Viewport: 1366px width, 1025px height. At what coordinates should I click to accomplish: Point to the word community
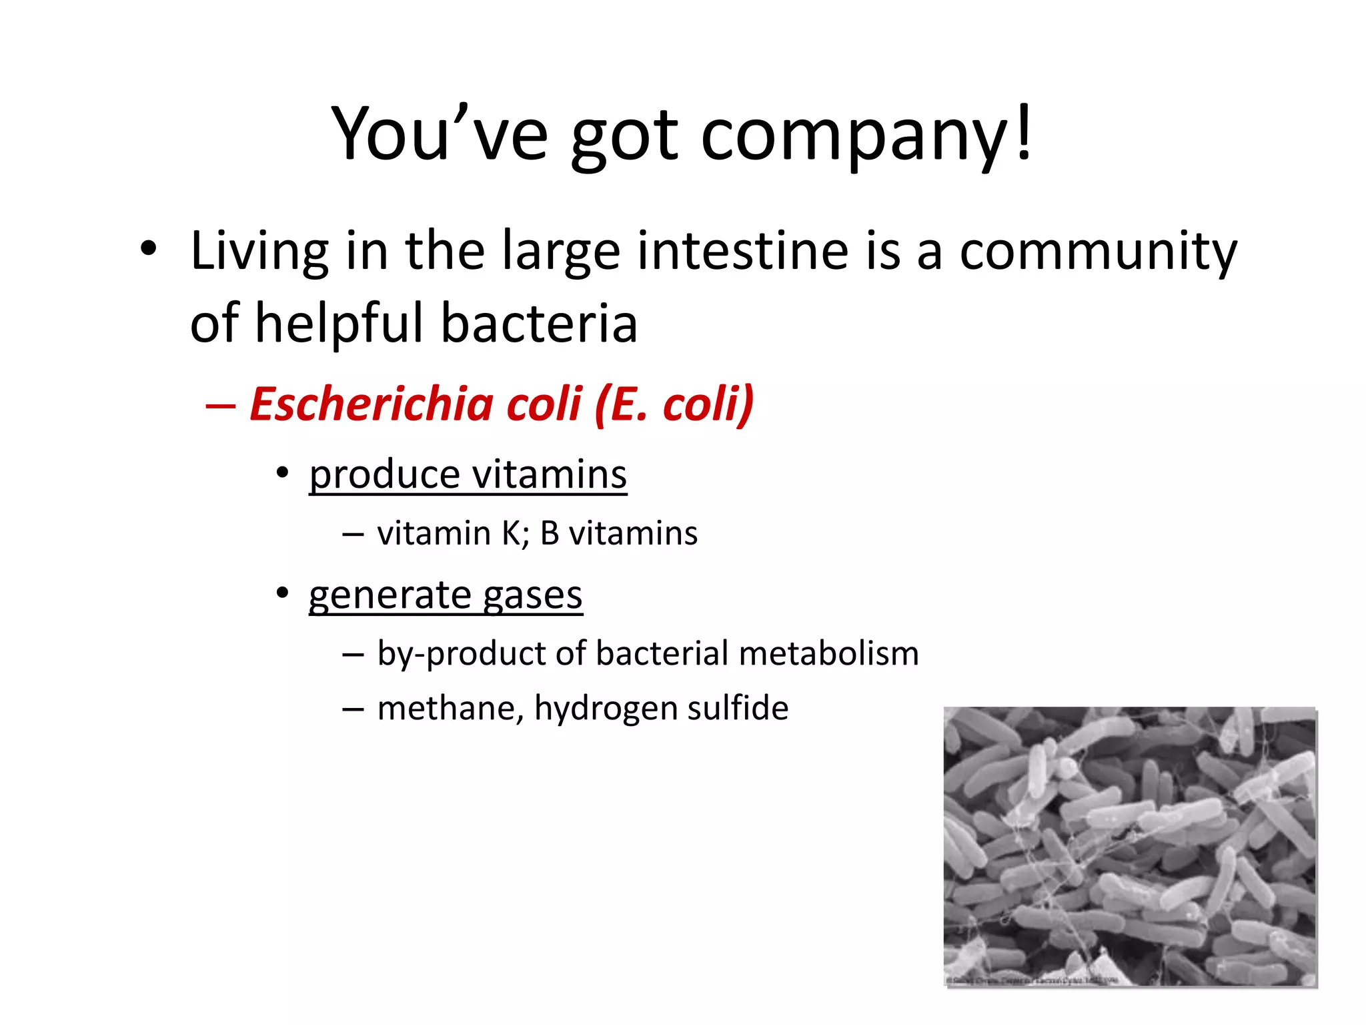click(x=1098, y=252)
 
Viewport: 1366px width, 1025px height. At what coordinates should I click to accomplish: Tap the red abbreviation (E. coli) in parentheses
click(x=674, y=404)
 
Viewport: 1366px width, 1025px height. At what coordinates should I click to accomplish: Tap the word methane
click(x=450, y=708)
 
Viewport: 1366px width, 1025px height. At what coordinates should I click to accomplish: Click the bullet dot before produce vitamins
click(x=283, y=473)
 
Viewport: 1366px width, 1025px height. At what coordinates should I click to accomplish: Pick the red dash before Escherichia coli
click(x=221, y=406)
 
